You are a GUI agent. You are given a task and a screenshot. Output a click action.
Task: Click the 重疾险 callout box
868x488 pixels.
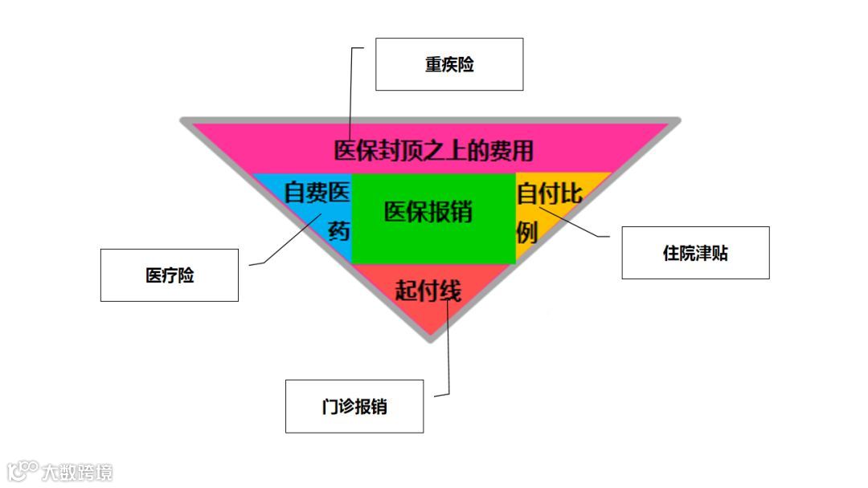pos(449,64)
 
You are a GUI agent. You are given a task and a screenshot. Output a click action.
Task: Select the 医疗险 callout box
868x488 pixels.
pos(169,275)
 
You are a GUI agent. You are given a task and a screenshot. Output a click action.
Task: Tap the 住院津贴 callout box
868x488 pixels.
pos(695,253)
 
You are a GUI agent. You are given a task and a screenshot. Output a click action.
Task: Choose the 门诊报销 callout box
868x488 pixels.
pos(354,406)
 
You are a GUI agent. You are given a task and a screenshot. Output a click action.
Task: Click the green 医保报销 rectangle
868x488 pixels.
pos(433,241)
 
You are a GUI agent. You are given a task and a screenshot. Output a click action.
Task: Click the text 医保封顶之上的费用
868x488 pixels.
pos(433,150)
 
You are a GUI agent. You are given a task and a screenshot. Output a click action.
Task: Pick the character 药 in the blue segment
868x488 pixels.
pos(339,231)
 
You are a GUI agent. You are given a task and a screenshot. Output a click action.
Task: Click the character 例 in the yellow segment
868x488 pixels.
pos(527,231)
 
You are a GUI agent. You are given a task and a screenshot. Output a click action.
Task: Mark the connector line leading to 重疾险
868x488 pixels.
pos(351,88)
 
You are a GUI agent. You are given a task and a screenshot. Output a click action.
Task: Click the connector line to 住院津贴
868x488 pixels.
pos(579,226)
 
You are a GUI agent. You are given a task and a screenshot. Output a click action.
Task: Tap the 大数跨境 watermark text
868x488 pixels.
pos(78,472)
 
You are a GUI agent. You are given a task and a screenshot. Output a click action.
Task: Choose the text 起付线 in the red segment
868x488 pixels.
pos(428,290)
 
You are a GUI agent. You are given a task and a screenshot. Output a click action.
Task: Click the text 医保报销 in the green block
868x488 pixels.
pos(428,212)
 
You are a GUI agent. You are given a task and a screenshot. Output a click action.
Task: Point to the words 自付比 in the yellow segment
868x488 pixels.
pos(549,193)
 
